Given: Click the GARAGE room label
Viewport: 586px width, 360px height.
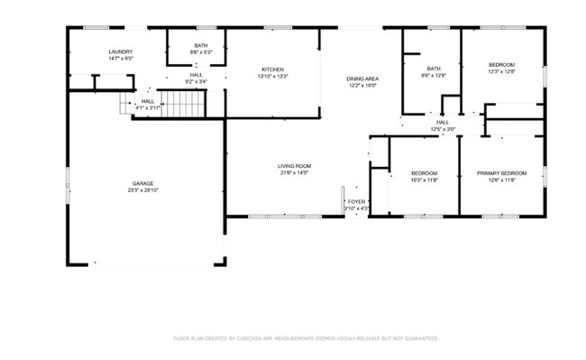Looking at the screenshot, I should coord(142,183).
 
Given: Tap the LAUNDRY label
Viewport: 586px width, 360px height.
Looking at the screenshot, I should coord(121,52).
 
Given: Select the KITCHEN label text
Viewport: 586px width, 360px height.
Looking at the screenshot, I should coord(273,69).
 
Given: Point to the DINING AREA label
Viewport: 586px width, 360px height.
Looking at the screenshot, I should coord(362,79).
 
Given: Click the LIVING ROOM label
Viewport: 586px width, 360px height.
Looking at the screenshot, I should coord(295,166).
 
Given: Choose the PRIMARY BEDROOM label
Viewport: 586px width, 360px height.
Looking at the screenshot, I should coord(501,173).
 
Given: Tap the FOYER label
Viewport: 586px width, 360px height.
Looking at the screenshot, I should coord(357,201).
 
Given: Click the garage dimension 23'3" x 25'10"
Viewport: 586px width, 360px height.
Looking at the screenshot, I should coord(142,190).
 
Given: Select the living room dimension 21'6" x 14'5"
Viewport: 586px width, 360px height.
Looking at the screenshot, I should coord(295,173).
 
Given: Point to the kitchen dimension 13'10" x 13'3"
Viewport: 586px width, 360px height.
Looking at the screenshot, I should coord(273,77).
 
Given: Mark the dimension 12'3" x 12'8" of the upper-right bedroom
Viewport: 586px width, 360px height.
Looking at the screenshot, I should coord(502,72).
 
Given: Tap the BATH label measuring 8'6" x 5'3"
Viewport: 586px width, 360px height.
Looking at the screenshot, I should coord(200,45).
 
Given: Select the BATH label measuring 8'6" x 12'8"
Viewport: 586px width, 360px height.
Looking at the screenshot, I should coord(434,69).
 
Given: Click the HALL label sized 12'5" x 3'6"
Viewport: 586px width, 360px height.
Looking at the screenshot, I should coord(443,122).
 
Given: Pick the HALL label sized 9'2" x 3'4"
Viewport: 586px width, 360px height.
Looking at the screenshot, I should coord(196,75).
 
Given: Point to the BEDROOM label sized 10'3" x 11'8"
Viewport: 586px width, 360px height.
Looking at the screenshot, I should coord(424,173).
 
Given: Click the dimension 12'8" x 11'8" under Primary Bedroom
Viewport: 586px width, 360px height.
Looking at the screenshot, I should coord(501,180).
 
